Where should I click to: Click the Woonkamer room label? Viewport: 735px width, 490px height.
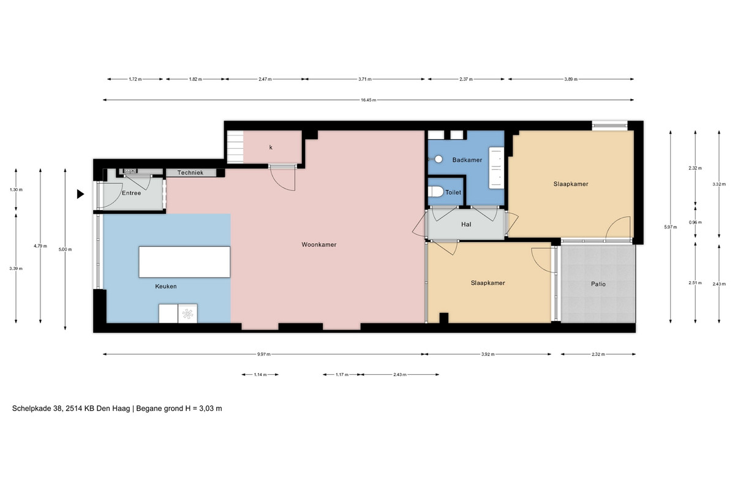319,244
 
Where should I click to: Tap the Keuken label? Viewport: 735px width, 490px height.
166,286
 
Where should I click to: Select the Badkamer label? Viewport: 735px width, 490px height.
467,160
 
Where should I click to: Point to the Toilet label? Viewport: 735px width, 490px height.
453,192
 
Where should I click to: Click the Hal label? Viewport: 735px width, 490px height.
466,224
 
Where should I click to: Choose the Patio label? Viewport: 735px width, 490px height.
598,284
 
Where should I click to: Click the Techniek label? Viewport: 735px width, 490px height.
190,172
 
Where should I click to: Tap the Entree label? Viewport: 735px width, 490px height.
131,193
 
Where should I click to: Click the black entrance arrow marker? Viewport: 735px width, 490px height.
80,194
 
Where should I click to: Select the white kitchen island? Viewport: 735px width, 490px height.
184,262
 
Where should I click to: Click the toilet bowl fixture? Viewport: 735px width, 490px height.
435,192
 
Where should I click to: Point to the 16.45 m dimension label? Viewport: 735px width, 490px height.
369,100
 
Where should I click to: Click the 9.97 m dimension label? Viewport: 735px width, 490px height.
264,354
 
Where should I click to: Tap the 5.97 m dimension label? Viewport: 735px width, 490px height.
670,227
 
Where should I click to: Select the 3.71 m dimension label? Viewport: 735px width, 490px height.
365,79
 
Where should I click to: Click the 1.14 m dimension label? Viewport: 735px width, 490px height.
260,374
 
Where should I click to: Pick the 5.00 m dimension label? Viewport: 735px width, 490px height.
65,249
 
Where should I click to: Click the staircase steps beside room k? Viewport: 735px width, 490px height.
235,147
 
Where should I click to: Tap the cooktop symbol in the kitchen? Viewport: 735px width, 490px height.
187,314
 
